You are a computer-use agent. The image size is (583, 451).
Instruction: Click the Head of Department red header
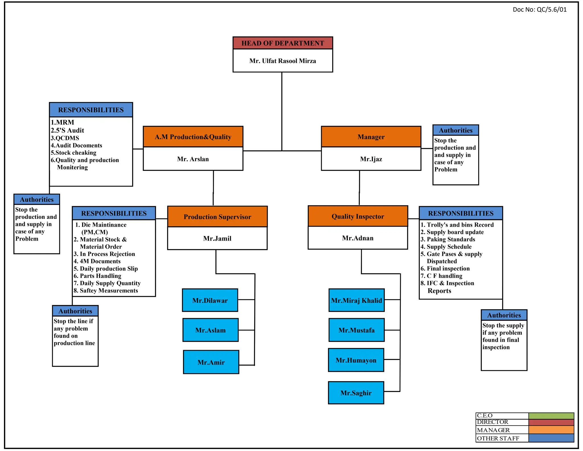[x=282, y=43]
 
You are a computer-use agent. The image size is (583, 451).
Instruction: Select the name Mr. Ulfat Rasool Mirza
[x=282, y=61]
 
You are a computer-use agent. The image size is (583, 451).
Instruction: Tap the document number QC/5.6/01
[x=539, y=10]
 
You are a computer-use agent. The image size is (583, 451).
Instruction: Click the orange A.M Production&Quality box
[x=193, y=137]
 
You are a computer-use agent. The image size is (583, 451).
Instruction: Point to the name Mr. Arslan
[x=193, y=159]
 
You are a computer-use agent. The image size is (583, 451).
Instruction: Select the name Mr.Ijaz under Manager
[x=371, y=159]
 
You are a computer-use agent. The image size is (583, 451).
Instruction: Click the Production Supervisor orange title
[x=217, y=217]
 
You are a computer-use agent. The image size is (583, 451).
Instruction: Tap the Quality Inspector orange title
[x=358, y=216]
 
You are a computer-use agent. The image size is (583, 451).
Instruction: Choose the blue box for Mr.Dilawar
[x=210, y=300]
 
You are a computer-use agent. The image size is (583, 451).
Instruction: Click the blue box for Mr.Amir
[x=211, y=362]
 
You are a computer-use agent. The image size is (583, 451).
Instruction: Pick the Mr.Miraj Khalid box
[x=356, y=300]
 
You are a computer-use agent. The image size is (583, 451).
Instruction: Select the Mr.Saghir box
[x=356, y=393]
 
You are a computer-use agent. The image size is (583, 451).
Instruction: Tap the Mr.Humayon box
[x=356, y=360]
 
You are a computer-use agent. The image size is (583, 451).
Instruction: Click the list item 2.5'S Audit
[x=67, y=131]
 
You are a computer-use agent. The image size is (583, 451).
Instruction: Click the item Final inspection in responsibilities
[x=448, y=269]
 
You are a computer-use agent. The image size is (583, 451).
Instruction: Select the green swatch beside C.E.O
[x=551, y=416]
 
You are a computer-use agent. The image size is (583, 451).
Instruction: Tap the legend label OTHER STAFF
[x=498, y=438]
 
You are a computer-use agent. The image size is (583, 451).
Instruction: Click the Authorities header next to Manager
[x=455, y=130]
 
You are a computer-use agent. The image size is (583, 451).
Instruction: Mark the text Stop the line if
[x=73, y=321]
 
